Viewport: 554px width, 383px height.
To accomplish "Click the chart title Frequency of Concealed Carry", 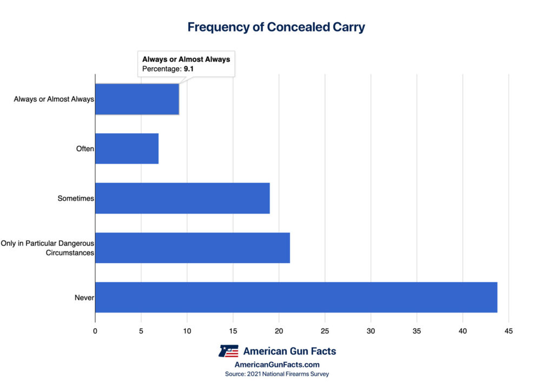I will pyautogui.click(x=276, y=27).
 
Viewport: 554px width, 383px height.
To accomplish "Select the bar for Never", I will pyautogui.click(x=296, y=297).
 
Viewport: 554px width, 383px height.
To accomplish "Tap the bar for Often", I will pyautogui.click(x=127, y=148).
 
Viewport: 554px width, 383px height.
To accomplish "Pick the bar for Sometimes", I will pyautogui.click(x=182, y=198).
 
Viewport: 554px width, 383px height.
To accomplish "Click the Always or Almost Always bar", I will pyautogui.click(x=137, y=99).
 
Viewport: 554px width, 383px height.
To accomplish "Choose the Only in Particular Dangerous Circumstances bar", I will pyautogui.click(x=193, y=248).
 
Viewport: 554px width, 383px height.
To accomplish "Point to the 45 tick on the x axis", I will pyautogui.click(x=509, y=331).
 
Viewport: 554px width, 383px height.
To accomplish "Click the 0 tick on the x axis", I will pyautogui.click(x=95, y=331).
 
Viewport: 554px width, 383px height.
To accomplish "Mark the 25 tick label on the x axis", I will pyautogui.click(x=325, y=331).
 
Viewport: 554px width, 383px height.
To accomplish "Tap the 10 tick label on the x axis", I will pyautogui.click(x=187, y=331).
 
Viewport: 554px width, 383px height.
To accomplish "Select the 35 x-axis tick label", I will pyautogui.click(x=417, y=331).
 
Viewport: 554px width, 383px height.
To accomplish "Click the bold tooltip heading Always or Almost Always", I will pyautogui.click(x=186, y=59).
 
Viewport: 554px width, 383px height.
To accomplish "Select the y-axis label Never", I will pyautogui.click(x=84, y=298).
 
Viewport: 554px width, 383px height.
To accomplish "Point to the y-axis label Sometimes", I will pyautogui.click(x=76, y=199).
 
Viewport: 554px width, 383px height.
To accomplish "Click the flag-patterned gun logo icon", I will pyautogui.click(x=228, y=351).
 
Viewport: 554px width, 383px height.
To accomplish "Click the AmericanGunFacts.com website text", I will pyautogui.click(x=277, y=365).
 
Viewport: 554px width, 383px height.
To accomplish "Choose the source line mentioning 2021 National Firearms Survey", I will pyautogui.click(x=277, y=374).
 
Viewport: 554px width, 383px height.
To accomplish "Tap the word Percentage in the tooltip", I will pyautogui.click(x=161, y=69).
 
